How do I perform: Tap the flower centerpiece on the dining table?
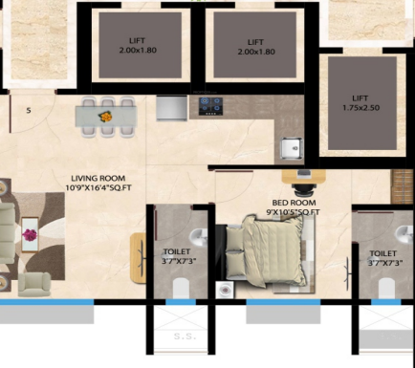pyautogui.click(x=108, y=116)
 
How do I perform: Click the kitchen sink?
pyautogui.click(x=289, y=147)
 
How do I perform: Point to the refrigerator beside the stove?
pyautogui.click(x=170, y=110)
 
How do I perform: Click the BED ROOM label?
pyautogui.click(x=292, y=203)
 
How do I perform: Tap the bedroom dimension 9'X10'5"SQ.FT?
pyautogui.click(x=295, y=212)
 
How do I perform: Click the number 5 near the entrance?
pyautogui.click(x=29, y=111)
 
